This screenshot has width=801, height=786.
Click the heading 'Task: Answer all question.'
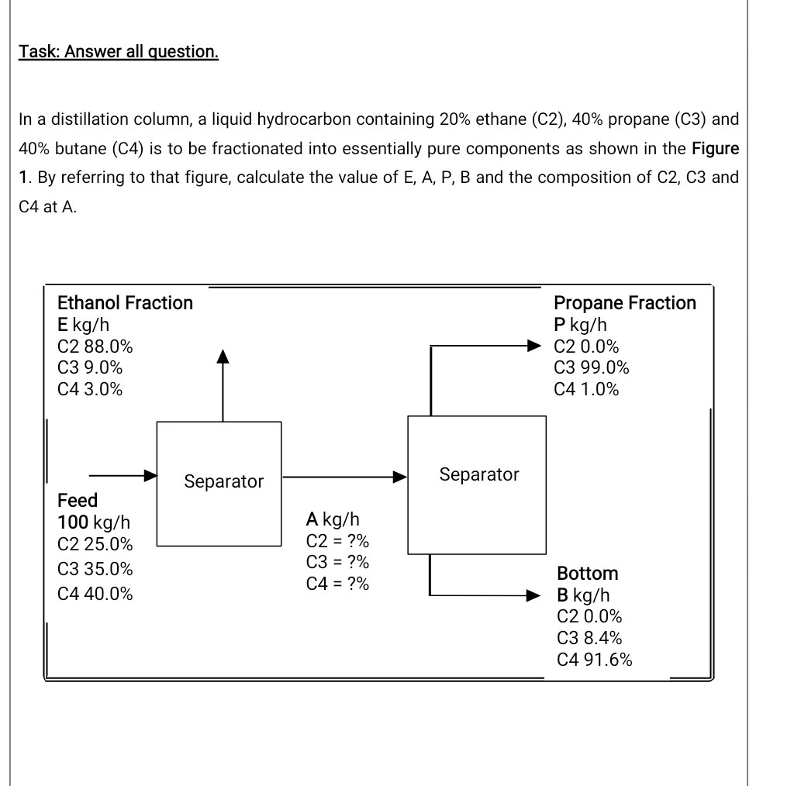(119, 52)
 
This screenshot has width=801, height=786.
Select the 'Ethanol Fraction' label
(126, 302)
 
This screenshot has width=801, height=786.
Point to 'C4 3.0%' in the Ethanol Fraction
(90, 389)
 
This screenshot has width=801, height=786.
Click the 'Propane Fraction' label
(625, 302)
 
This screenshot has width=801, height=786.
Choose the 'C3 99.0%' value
(592, 367)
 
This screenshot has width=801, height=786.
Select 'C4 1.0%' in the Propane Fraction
(587, 389)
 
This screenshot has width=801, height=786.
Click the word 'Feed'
(78, 499)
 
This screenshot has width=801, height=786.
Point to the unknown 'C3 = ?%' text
(337, 562)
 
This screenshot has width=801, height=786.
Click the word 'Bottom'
(588, 574)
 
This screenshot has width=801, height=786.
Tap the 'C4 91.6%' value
(594, 660)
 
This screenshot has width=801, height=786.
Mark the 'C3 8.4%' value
(589, 638)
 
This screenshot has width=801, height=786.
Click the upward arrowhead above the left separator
(223, 356)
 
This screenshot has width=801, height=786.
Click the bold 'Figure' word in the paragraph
(715, 147)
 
